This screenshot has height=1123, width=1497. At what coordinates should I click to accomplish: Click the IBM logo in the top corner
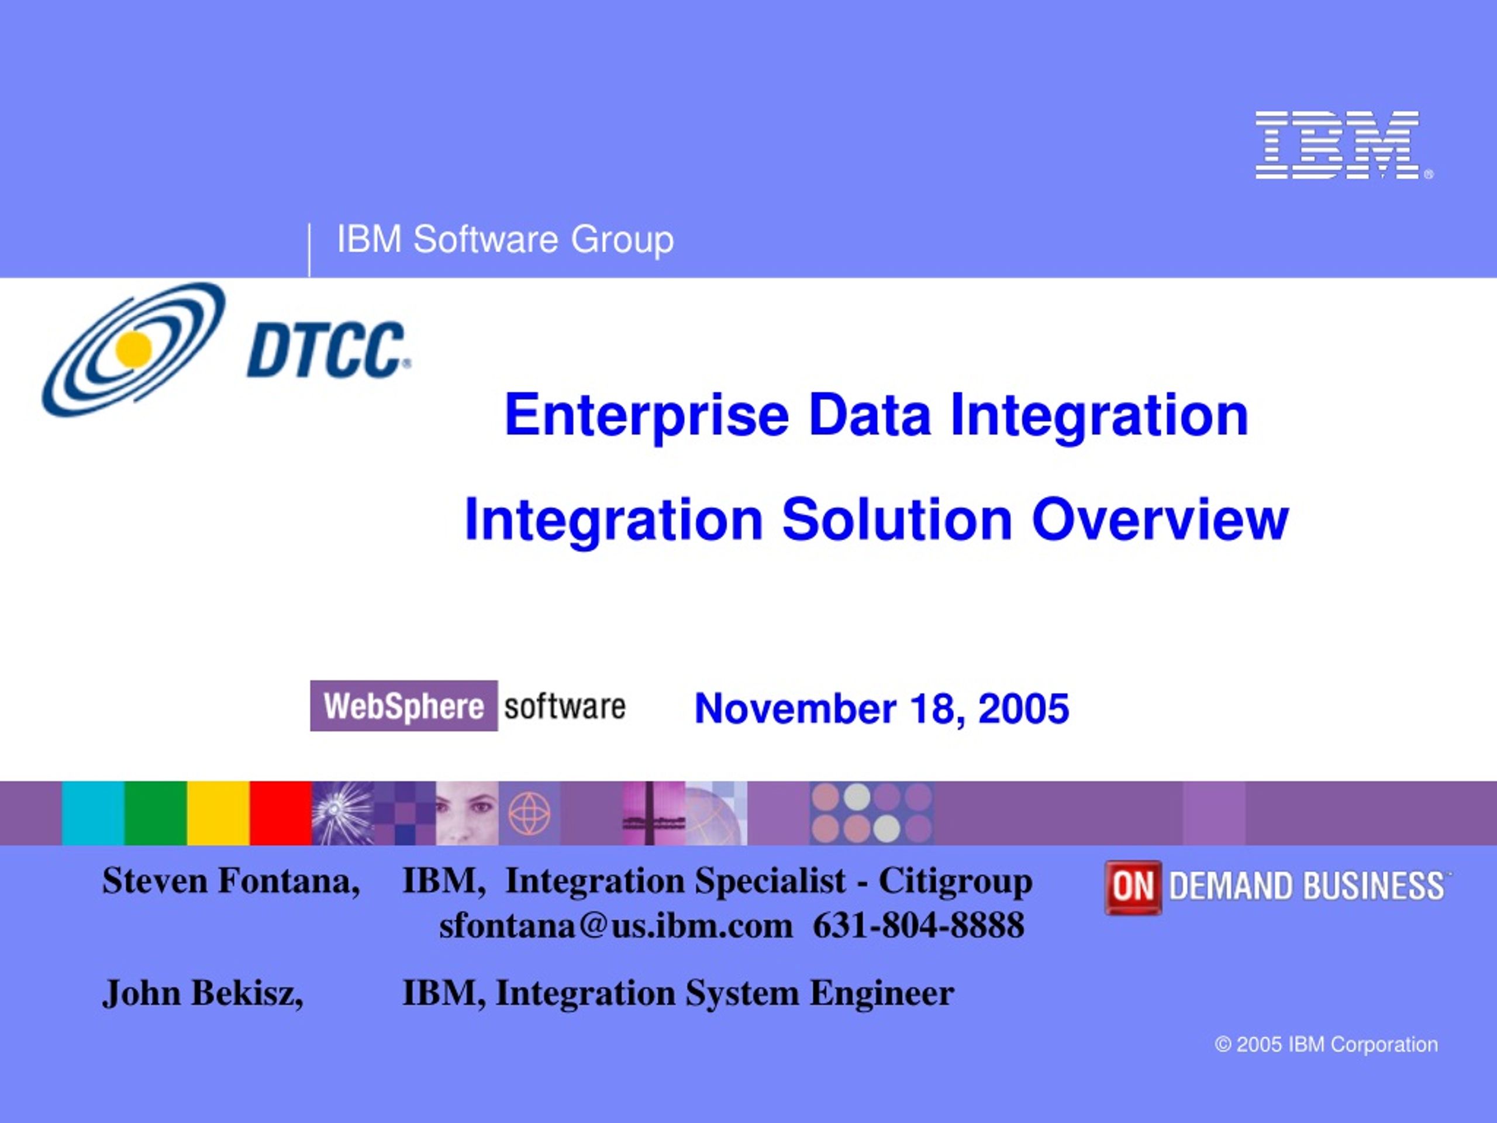tap(1343, 145)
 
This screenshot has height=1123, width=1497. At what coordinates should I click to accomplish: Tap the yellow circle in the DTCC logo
tap(133, 349)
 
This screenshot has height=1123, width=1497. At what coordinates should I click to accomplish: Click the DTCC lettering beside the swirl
tap(328, 349)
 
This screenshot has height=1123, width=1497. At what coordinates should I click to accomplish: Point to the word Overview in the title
tap(1160, 519)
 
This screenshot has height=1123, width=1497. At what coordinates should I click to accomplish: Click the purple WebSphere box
tap(404, 705)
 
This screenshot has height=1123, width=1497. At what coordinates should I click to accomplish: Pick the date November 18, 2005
tap(882, 708)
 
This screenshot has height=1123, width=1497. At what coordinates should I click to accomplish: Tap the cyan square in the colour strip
tap(93, 813)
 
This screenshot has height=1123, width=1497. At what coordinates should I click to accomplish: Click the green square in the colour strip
tap(156, 813)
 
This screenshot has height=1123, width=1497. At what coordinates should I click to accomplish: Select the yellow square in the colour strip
tap(219, 813)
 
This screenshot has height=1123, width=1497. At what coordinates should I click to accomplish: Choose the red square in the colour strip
tap(281, 813)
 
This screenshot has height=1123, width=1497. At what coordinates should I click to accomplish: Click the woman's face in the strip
tap(468, 813)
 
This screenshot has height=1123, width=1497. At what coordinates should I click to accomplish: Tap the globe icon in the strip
tap(529, 813)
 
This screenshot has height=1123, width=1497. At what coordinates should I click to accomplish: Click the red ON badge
tap(1133, 887)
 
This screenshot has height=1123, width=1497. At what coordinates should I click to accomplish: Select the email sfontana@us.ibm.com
tap(616, 925)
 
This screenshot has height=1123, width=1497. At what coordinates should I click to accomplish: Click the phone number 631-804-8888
tap(918, 925)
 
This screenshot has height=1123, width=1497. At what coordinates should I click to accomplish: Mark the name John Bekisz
tap(203, 993)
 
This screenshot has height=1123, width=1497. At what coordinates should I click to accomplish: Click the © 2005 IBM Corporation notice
tap(1326, 1045)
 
